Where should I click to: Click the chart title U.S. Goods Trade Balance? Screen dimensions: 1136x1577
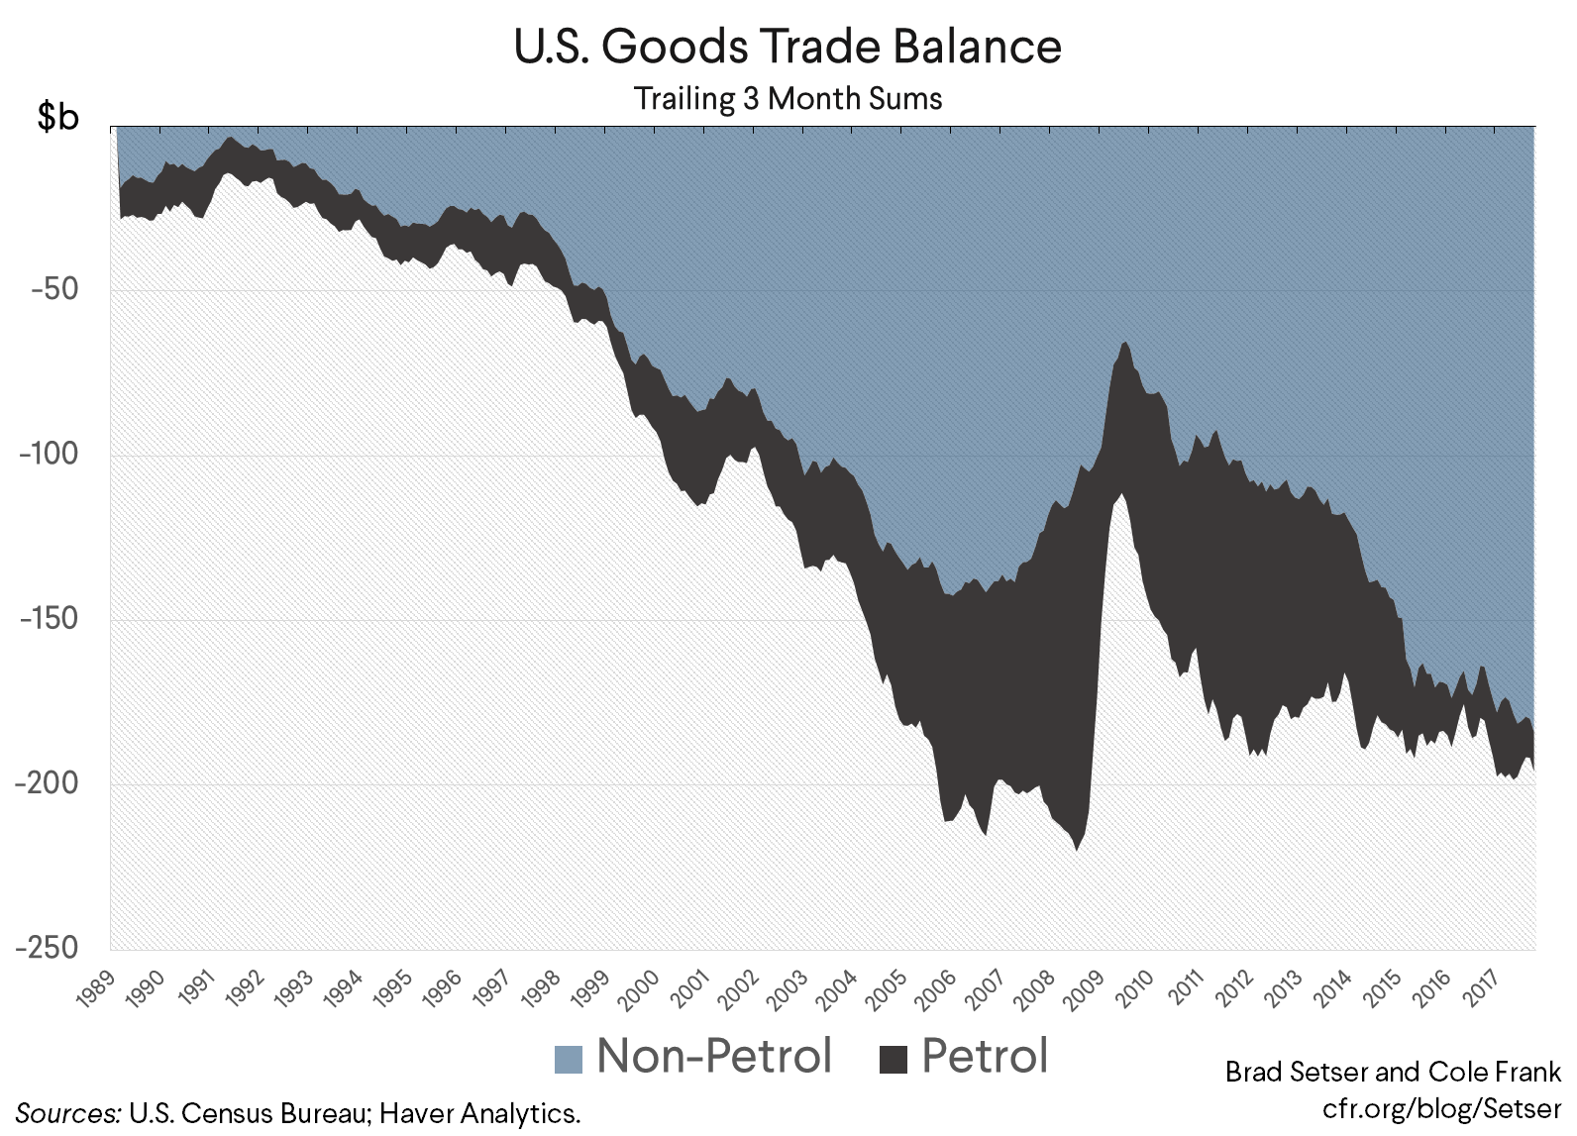tap(788, 47)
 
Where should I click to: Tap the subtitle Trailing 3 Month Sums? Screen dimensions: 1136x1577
tap(788, 99)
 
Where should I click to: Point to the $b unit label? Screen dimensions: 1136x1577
tap(57, 117)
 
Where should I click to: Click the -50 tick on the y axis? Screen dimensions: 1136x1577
tap(55, 289)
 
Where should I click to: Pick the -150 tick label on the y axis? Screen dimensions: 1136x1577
tap(50, 618)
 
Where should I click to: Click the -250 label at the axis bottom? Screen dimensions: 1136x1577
tap(48, 947)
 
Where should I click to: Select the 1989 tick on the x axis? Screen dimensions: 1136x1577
tap(97, 988)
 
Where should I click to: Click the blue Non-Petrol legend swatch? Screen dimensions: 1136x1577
tap(569, 1059)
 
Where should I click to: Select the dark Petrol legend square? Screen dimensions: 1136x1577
tap(894, 1059)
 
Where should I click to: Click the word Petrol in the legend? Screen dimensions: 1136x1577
tap(985, 1056)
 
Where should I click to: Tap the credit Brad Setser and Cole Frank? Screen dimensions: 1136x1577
tap(1393, 1072)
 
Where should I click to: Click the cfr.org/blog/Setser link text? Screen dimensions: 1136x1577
tap(1440, 1107)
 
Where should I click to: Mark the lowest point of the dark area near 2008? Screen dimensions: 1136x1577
tap(1076, 850)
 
